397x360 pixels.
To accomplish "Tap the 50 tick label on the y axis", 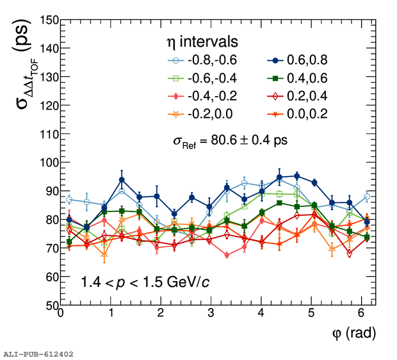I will [47, 306].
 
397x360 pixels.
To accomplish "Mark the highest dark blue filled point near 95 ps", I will [296, 176].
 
